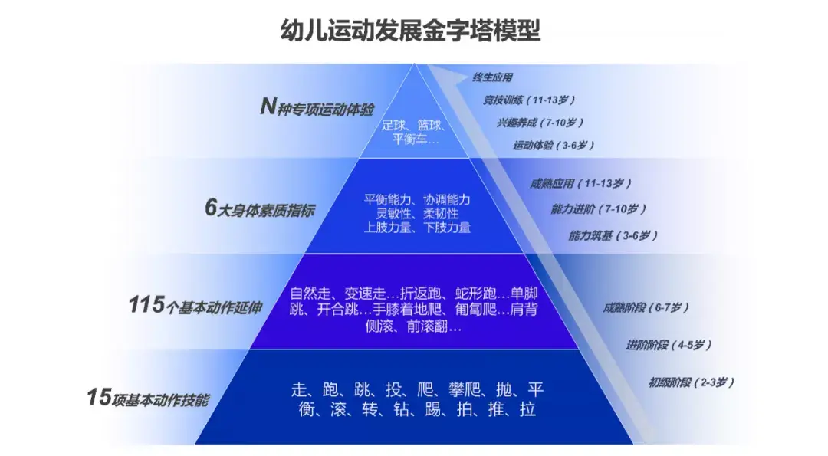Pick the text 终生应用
pyautogui.click(x=493, y=77)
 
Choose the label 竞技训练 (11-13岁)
pyautogui.click(x=529, y=100)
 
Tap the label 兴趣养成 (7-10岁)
pyautogui.click(x=540, y=122)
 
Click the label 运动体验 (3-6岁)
pyautogui.click(x=554, y=144)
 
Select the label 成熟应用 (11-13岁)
pyautogui.click(x=580, y=184)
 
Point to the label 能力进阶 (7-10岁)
pyautogui.click(x=598, y=208)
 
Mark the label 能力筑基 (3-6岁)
pyautogui.click(x=613, y=235)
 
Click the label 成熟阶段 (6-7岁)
pyautogui.click(x=646, y=307)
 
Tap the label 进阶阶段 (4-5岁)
pyautogui.click(x=669, y=345)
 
